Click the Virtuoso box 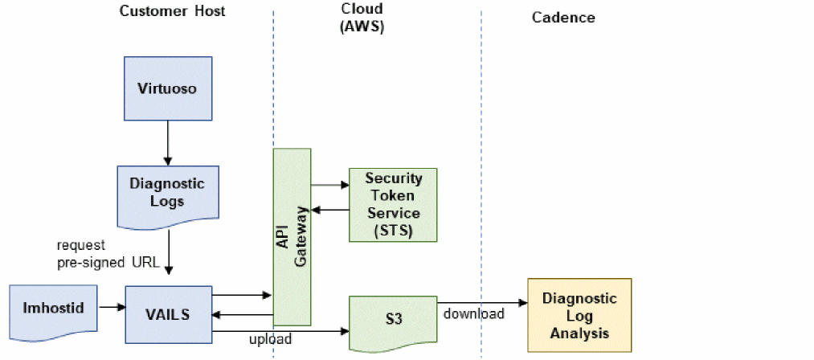coord(167,89)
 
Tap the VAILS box coord(168,313)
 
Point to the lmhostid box coord(52,307)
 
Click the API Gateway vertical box coord(292,236)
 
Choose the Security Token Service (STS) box coord(393,204)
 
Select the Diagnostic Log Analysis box coord(579,314)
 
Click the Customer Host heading coord(172,11)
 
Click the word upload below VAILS coord(270,340)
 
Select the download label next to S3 coord(474,313)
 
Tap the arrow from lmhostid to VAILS coord(110,306)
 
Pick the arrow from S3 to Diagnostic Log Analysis coord(482,303)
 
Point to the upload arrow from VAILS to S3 coord(281,329)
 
